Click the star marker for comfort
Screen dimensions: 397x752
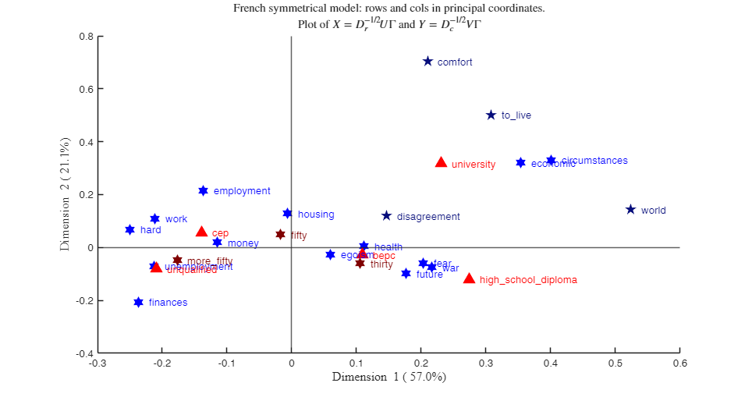pyautogui.click(x=427, y=62)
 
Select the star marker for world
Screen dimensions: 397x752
pyautogui.click(x=630, y=210)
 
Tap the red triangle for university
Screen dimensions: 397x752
pyautogui.click(x=441, y=162)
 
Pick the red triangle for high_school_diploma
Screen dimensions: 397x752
pyautogui.click(x=469, y=278)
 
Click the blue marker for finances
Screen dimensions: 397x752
pyautogui.click(x=138, y=302)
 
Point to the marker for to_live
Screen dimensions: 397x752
pyautogui.click(x=491, y=115)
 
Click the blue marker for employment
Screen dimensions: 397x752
pyautogui.click(x=203, y=190)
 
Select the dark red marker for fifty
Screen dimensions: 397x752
pyautogui.click(x=280, y=234)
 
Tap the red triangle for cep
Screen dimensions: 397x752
pyautogui.click(x=201, y=232)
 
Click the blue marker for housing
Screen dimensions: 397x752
pyautogui.click(x=287, y=214)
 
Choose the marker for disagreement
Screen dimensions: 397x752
pyautogui.click(x=386, y=216)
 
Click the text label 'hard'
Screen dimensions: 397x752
pyautogui.click(x=151, y=230)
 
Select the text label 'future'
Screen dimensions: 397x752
pyautogui.click(x=429, y=275)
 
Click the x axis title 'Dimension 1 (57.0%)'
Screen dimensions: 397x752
pyautogui.click(x=388, y=378)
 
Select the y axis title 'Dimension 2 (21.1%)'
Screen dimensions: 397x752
pyautogui.click(x=66, y=193)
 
